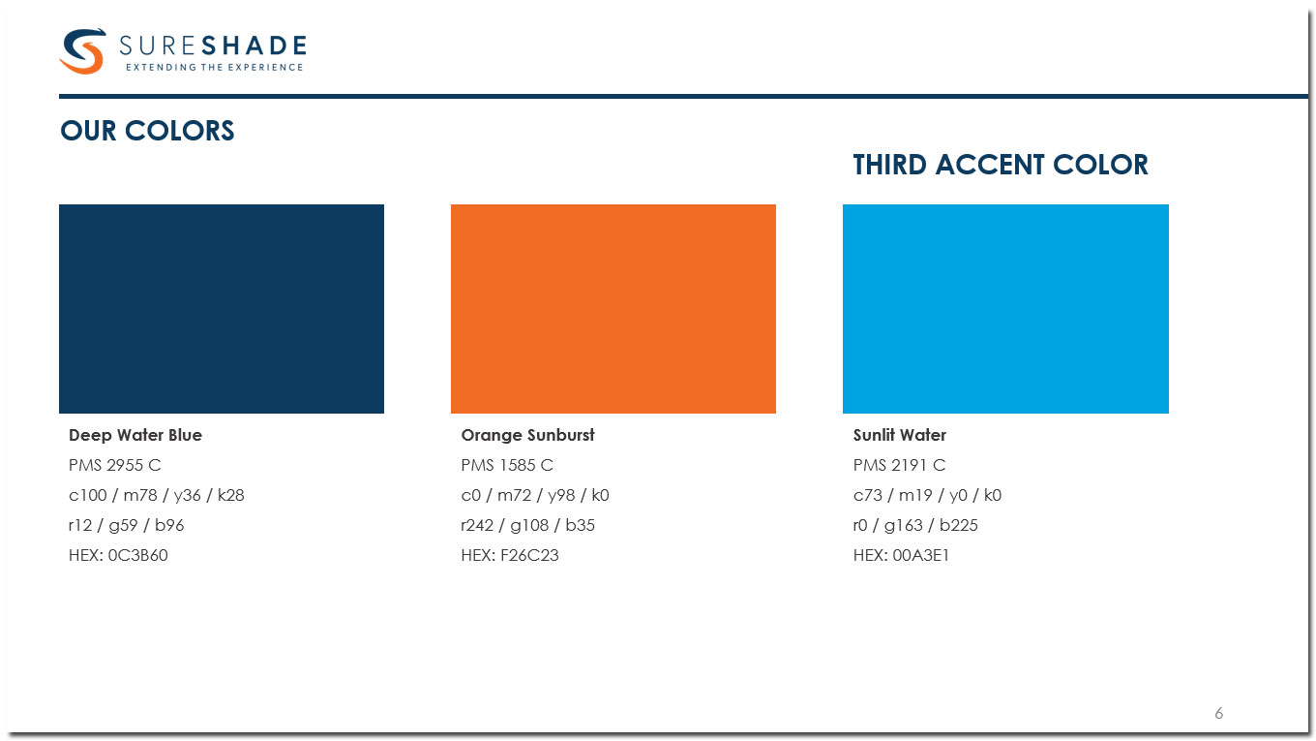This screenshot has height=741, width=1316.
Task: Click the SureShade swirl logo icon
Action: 82,50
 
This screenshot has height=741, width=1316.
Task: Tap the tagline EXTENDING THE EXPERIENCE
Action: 215,67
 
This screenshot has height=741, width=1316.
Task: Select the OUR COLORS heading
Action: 147,131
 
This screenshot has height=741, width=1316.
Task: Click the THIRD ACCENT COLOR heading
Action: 1000,165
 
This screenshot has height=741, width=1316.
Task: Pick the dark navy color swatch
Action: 222,309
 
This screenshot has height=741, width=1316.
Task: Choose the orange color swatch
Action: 613,309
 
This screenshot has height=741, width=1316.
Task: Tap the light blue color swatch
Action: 1005,309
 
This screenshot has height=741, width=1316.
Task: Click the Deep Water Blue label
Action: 135,435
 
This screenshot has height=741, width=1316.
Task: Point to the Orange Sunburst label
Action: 527,435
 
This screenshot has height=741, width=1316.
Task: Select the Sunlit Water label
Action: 900,435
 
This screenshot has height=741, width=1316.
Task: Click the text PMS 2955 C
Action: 114,465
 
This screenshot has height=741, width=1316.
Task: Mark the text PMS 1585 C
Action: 507,465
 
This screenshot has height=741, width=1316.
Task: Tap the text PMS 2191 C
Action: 899,465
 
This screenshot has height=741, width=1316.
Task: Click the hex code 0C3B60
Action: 137,555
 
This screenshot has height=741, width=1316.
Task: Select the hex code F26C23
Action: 529,555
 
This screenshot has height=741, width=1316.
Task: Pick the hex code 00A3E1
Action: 920,555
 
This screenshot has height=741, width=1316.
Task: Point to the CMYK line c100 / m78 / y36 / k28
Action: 157,495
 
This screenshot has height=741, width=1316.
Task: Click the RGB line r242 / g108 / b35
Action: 527,525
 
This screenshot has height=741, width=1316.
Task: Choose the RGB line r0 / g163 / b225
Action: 915,525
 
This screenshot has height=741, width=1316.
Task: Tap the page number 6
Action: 1219,713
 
